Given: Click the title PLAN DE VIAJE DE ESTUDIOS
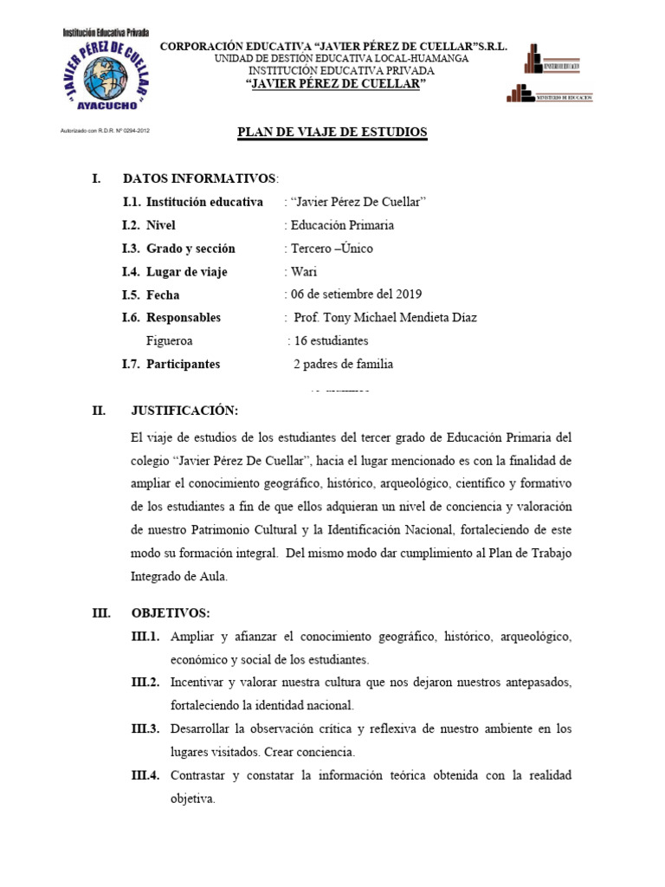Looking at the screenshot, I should point(332,132).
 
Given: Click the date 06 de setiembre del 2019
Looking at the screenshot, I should point(356,295).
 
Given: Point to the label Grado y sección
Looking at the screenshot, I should point(190,249).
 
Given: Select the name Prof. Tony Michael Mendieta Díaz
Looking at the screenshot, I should point(385,318).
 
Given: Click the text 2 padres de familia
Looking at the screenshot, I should point(343,365).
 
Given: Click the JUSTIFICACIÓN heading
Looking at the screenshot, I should point(184,411).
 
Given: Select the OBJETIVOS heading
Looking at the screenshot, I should point(171,613).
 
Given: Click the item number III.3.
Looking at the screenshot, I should point(145,729).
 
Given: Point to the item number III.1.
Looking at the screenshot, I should point(145,637).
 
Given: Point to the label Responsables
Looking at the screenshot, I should point(183,318).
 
